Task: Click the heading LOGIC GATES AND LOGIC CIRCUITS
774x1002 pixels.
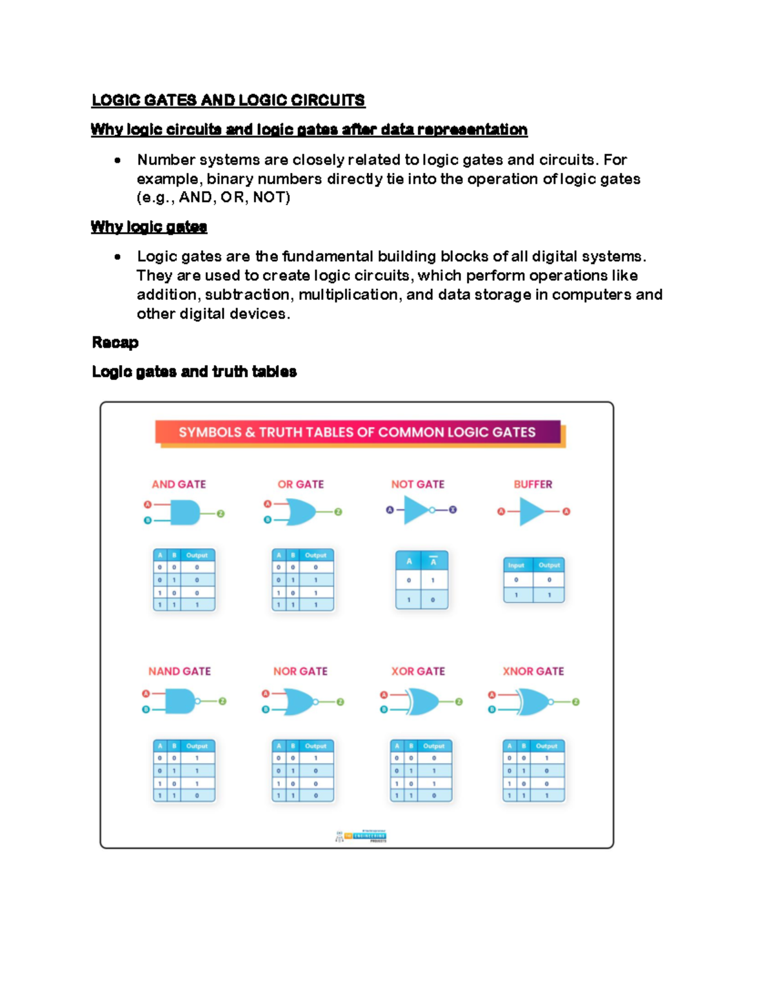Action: point(228,100)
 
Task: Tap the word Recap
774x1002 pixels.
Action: point(115,343)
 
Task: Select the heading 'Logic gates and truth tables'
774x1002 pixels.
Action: point(194,372)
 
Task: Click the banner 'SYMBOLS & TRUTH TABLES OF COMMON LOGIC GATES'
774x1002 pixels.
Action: point(357,432)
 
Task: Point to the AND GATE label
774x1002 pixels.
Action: point(179,484)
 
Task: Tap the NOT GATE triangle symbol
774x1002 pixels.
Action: point(416,510)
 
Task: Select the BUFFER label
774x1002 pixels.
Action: point(533,484)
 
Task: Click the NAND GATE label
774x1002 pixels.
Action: point(179,671)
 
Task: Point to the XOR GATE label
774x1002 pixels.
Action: point(418,671)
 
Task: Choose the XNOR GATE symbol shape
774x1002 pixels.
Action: point(533,701)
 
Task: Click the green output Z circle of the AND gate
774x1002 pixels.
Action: point(221,514)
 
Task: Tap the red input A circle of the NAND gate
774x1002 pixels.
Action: point(146,694)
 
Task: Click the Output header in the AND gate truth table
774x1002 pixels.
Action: point(197,555)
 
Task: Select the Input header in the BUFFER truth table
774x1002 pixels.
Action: point(516,565)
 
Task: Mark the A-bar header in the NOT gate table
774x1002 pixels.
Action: point(433,561)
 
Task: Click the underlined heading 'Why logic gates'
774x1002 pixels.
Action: point(149,226)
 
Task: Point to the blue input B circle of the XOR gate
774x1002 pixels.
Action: point(384,710)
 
